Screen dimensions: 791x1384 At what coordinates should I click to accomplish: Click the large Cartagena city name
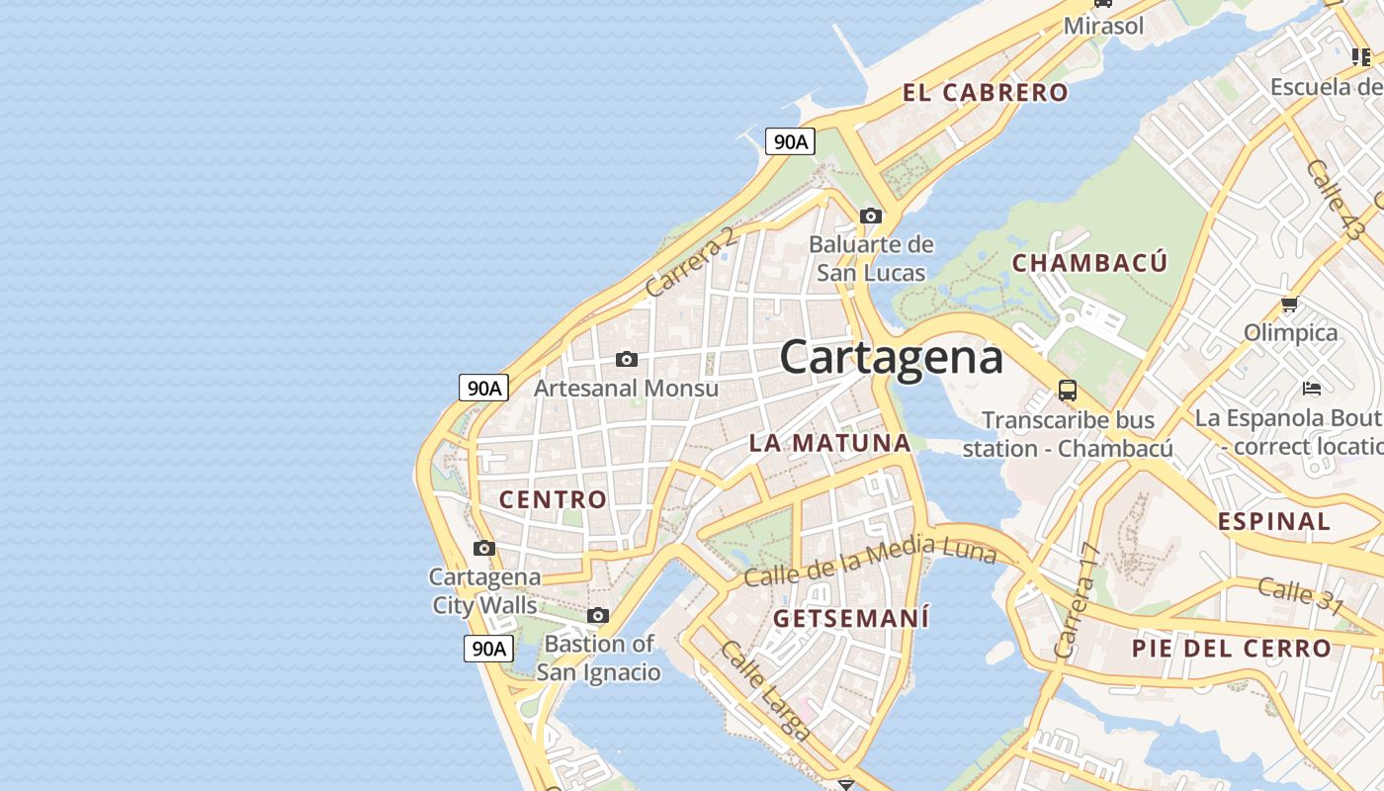[891, 357]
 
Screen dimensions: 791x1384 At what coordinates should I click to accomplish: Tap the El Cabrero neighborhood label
[985, 93]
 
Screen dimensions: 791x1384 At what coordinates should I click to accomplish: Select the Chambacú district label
[1089, 263]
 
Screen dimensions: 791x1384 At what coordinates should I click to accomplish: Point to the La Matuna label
[829, 443]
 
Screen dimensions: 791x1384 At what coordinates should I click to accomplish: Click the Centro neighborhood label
[553, 499]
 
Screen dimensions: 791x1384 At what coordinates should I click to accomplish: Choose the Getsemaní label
[851, 619]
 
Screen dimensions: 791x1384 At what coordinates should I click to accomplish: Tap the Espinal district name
[1274, 521]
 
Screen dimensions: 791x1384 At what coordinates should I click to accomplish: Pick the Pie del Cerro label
[1232, 649]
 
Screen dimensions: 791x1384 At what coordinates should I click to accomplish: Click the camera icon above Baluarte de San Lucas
[871, 216]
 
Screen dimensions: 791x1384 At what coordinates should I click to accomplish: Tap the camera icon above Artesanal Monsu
[627, 359]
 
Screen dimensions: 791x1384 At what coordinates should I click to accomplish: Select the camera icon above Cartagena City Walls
[483, 548]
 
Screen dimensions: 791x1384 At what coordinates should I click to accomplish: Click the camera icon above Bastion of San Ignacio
[597, 615]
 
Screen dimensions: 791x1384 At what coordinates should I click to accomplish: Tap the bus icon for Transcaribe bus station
[1068, 390]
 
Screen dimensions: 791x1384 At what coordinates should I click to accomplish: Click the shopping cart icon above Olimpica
[1289, 304]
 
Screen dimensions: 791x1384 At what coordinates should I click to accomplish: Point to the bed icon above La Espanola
[1312, 388]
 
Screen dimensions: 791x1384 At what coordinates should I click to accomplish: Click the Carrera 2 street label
[691, 263]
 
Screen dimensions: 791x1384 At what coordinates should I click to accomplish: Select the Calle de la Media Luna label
[870, 561]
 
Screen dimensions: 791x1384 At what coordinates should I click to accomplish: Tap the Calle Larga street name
[766, 690]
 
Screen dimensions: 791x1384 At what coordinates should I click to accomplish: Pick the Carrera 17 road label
[1078, 601]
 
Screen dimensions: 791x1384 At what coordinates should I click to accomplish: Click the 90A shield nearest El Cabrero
[790, 141]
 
